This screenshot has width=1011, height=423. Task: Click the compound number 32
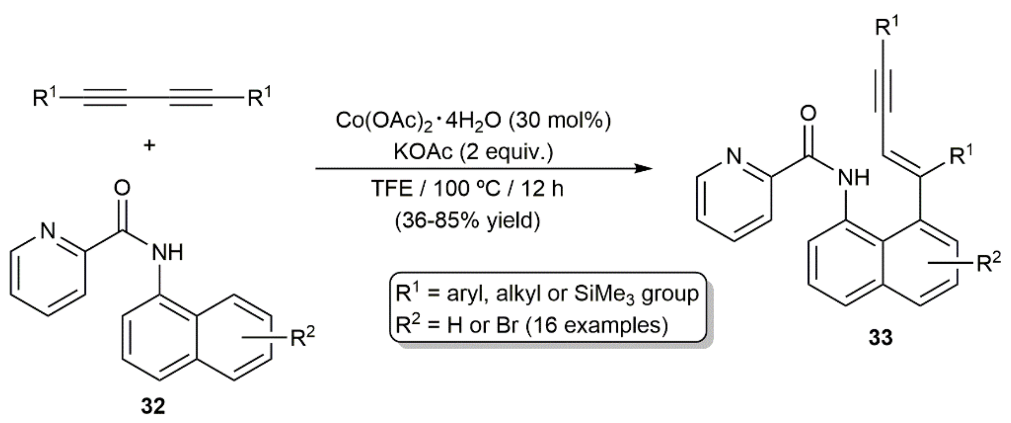[x=154, y=406]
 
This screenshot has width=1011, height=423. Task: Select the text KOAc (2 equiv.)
[x=473, y=152]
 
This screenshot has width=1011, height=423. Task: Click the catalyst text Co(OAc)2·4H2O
[x=418, y=121]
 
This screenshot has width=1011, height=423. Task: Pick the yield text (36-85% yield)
[x=467, y=221]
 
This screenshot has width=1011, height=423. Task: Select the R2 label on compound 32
[x=302, y=337]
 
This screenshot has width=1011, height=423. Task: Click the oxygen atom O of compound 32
[x=122, y=188]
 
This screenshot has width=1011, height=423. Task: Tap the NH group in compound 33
[x=853, y=178]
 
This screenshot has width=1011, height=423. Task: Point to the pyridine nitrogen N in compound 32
[x=48, y=231]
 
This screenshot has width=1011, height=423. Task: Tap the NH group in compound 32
[x=167, y=253]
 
